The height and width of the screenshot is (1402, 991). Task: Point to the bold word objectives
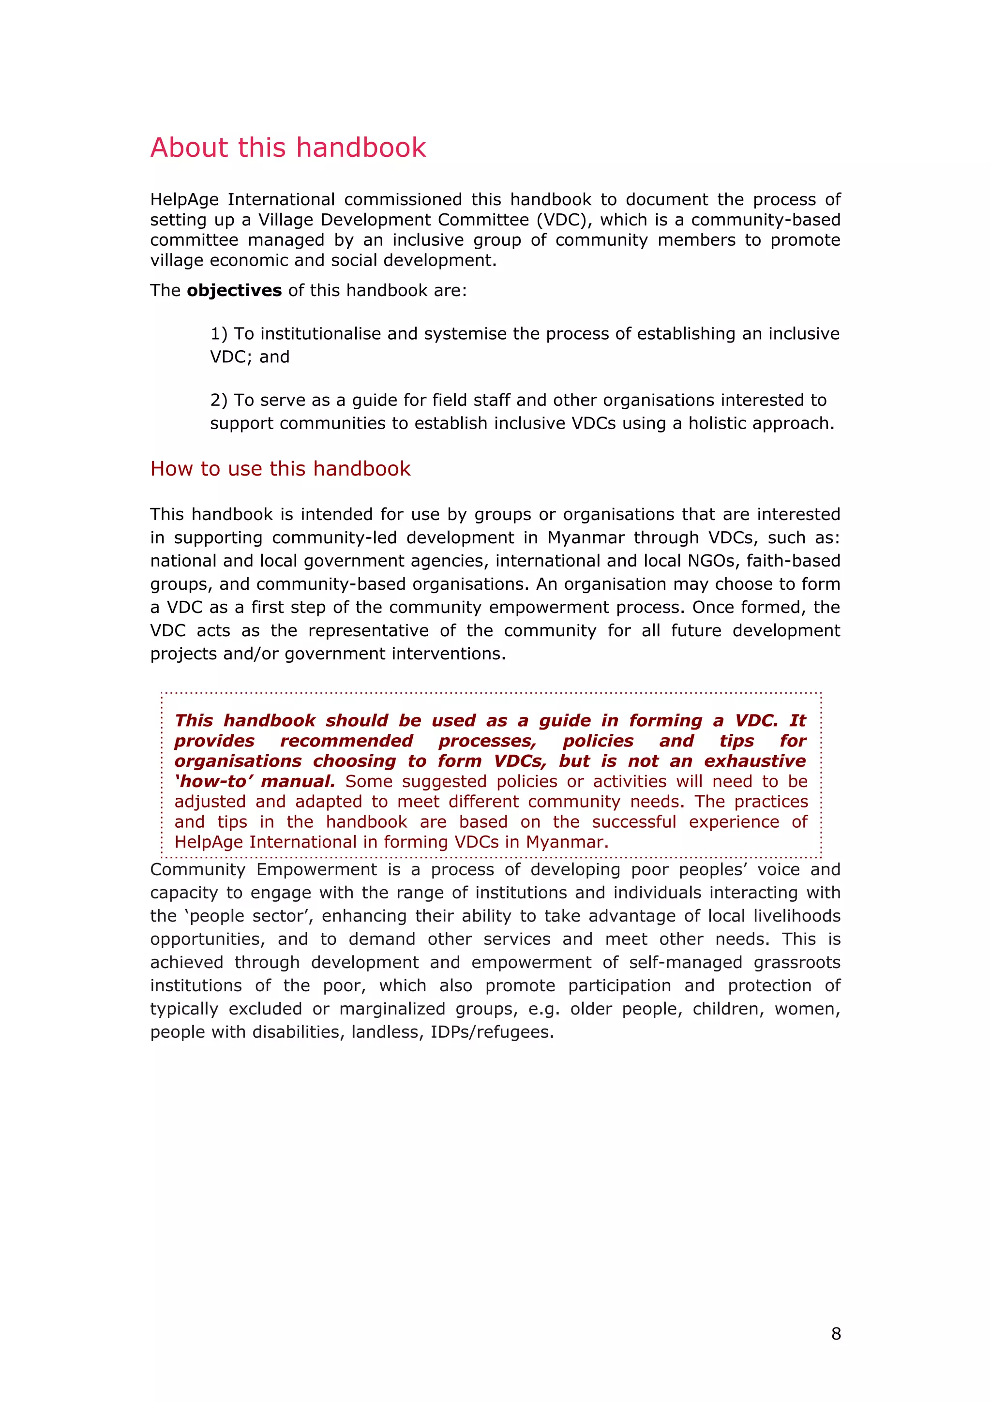pos(234,291)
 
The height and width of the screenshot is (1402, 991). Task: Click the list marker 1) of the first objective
pos(219,334)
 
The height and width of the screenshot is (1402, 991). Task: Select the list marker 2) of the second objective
pos(219,401)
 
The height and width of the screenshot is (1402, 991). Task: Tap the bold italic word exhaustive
pos(755,761)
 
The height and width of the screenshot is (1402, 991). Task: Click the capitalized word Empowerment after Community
pos(315,869)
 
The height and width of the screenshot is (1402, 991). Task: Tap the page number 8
pos(836,1334)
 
